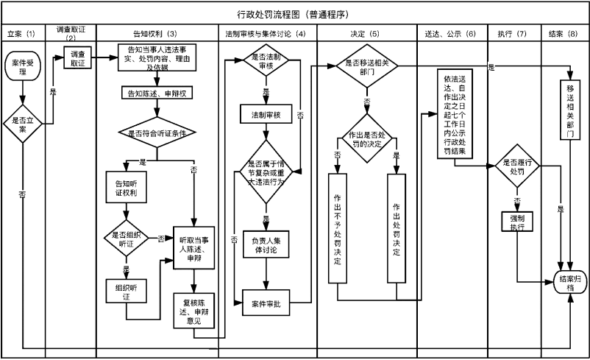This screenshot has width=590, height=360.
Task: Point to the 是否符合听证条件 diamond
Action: [156, 133]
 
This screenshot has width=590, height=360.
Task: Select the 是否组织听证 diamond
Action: [126, 238]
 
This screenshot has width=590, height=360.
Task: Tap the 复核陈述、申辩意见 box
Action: [193, 310]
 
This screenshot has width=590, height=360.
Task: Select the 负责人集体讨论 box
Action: [265, 244]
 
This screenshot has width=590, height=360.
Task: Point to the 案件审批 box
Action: [265, 303]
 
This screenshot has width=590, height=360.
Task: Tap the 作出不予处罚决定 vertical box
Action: [336, 227]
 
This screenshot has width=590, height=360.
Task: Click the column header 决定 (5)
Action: [365, 34]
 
